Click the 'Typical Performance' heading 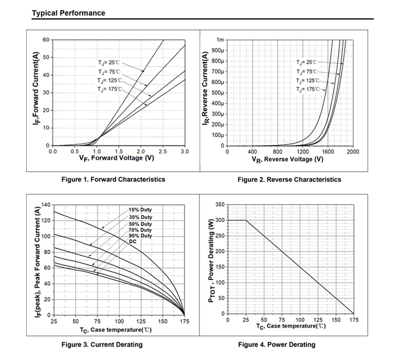pyautogui.click(x=69, y=13)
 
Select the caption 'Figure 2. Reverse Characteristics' pyautogui.click(x=289, y=179)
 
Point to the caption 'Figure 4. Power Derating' pyautogui.click(x=276, y=344)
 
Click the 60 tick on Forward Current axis pyautogui.click(x=46, y=40)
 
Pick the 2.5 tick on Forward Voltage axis pyautogui.click(x=163, y=152)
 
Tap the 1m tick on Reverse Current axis pyautogui.click(x=220, y=40)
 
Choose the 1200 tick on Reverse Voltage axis pyautogui.click(x=303, y=152)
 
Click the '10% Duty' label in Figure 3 pyautogui.click(x=140, y=210)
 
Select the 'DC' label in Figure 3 pyautogui.click(x=133, y=241)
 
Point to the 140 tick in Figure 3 pyautogui.click(x=45, y=205)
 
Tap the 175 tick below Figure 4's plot pyautogui.click(x=353, y=320)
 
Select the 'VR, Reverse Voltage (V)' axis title pyautogui.click(x=287, y=159)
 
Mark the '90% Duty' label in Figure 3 pyautogui.click(x=140, y=236)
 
